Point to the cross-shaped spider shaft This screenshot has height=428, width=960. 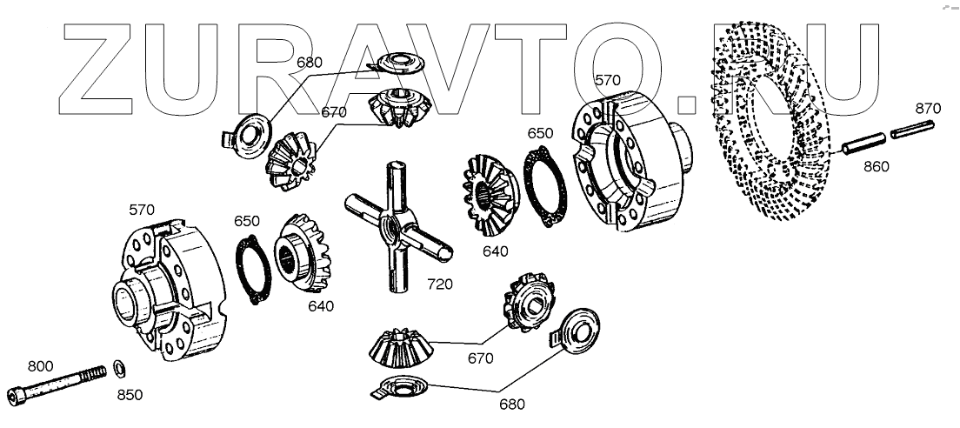(395, 231)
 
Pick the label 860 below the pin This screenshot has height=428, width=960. (876, 166)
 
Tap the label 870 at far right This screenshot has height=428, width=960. (929, 109)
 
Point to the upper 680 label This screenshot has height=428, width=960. (309, 62)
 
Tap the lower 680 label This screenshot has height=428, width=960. (513, 404)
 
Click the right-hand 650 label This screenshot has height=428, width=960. (540, 134)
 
